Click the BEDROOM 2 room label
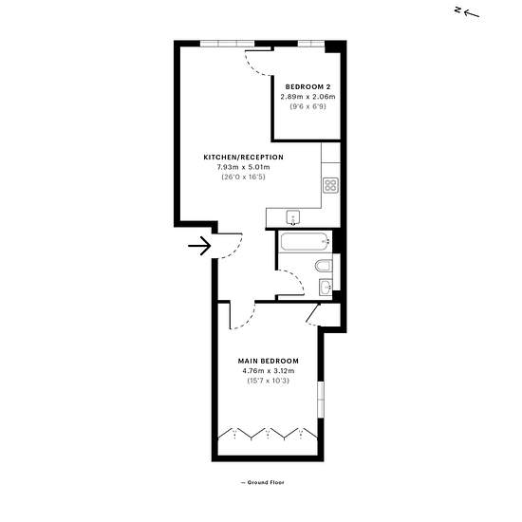[x=308, y=87]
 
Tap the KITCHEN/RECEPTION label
[x=243, y=158]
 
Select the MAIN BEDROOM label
[x=269, y=361]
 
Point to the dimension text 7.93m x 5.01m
[x=243, y=167]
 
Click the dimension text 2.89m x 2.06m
[x=308, y=97]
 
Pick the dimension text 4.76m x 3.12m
[x=269, y=371]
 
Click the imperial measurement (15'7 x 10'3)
[x=269, y=381]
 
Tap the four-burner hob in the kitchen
[x=331, y=185]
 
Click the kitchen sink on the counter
[x=293, y=217]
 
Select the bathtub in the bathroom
[x=306, y=242]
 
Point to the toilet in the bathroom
[x=324, y=266]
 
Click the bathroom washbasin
[x=326, y=287]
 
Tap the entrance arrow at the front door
[x=199, y=246]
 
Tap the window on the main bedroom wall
[x=321, y=400]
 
